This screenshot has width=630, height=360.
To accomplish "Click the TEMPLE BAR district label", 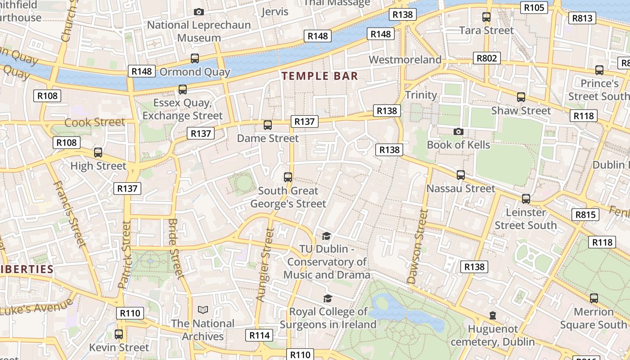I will pos(319,76).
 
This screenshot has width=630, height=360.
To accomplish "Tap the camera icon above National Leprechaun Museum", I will pos(198,12).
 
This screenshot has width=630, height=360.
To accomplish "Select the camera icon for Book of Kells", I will pos(458,131).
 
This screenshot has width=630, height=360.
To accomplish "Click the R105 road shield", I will pos(534,8).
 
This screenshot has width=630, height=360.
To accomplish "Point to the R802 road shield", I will pos(486,58).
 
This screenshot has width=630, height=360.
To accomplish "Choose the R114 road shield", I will pos(260,335).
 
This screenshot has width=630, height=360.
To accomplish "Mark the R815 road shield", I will pos(585,215).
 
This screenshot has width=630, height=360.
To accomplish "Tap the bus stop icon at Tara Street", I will pos(486,17).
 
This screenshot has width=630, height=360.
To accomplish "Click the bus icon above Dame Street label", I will pos(268,125).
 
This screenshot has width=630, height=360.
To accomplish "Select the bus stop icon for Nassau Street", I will pos(460,175).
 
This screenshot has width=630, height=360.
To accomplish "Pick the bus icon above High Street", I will pos(98,153).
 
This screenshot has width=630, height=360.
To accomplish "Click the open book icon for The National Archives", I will pos(203,310).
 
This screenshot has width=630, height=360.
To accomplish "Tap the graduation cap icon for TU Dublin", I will pos(326,236).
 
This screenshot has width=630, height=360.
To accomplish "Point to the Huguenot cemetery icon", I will pos(493,315).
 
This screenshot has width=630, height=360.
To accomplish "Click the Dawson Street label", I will pos(418,247).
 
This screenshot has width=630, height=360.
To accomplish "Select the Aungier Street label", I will pos(265,265).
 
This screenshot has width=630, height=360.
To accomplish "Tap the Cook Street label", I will pos(94,122).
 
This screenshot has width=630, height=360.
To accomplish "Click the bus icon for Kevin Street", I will pos(119,334).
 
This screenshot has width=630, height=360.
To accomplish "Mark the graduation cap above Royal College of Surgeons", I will pos(328,298).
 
